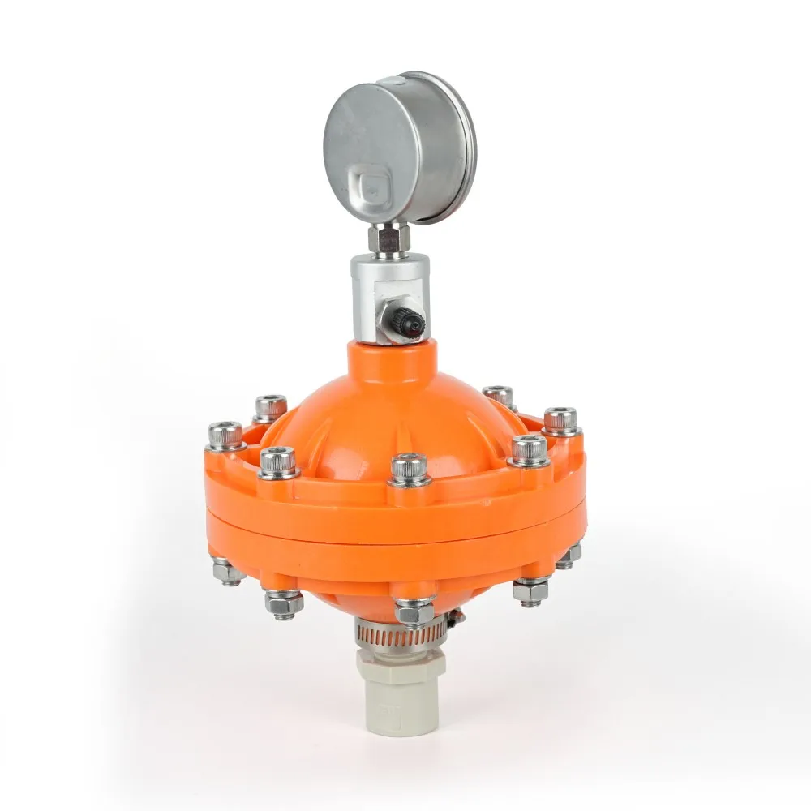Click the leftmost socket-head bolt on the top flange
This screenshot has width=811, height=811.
pos(225,436)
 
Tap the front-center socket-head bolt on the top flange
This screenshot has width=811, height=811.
pos(409,470)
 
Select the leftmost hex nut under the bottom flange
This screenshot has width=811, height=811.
pos(228,571)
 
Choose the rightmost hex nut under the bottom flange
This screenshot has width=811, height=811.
pos(569,556)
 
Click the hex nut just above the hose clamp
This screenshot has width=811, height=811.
pos(414,611)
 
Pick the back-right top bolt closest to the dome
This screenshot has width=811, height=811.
pos(498,397)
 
